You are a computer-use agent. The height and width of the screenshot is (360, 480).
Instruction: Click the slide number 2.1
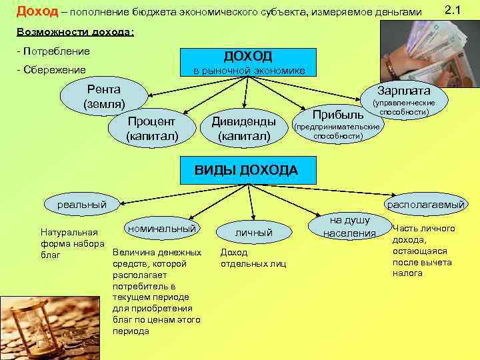tap(451, 10)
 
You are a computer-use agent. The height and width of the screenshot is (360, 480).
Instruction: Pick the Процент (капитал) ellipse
tap(152, 129)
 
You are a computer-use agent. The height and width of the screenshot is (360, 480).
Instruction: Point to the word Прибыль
tap(337, 115)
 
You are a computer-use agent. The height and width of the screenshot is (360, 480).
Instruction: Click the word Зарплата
tap(403, 91)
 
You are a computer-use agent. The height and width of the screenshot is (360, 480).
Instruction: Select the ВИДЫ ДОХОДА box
tap(246, 170)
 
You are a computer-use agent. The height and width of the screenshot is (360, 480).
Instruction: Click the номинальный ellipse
tap(161, 228)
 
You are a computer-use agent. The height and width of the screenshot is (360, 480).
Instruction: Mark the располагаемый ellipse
tap(426, 205)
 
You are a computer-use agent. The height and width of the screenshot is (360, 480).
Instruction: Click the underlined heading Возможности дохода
tap(74, 32)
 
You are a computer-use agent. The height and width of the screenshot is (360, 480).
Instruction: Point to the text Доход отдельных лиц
tap(253, 258)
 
